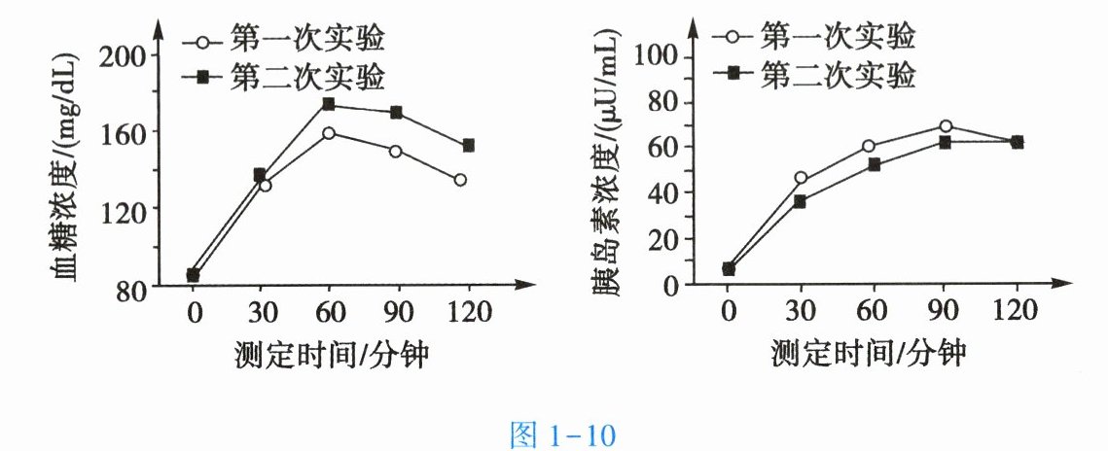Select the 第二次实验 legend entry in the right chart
coord(815,74)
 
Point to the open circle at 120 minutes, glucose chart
coord(460,180)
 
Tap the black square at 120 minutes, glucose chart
coord(468,146)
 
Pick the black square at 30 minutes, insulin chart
coord(800,202)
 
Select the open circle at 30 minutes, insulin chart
coord(801,179)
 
